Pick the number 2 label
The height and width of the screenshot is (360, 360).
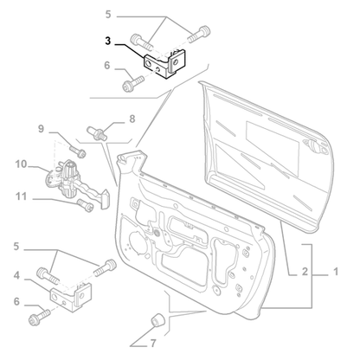pos(304,273)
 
